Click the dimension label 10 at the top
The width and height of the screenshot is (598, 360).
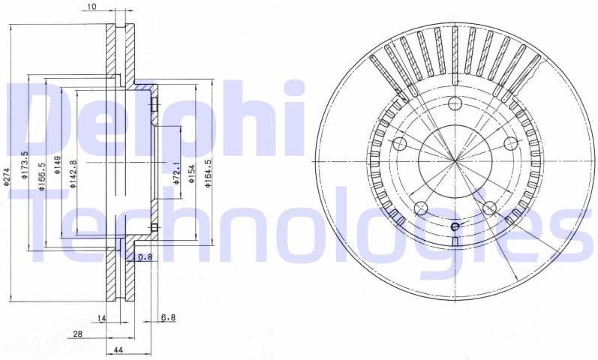click(92, 7)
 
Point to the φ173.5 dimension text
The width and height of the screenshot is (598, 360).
click(26, 163)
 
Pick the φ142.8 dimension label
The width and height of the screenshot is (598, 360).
click(74, 172)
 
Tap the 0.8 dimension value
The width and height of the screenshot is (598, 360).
click(146, 258)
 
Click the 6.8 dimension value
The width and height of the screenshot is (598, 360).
click(168, 318)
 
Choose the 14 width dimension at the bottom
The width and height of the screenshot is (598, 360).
click(103, 319)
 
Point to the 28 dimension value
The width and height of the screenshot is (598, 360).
click(77, 334)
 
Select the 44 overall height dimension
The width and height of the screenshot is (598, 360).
click(119, 350)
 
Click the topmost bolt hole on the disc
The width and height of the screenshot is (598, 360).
click(455, 104)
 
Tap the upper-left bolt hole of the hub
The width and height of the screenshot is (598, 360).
click(399, 143)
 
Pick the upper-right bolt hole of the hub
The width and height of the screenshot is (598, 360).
click(510, 143)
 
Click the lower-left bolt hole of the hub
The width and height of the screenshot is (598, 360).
click(420, 208)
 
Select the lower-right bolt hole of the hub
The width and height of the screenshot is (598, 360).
click(489, 208)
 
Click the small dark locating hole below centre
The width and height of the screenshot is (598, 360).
click(455, 226)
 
